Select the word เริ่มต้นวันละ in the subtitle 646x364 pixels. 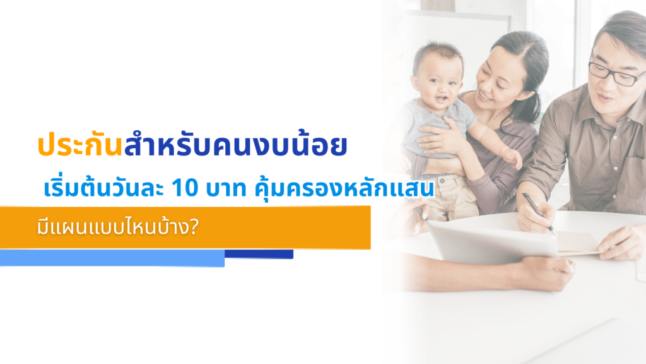click(x=102, y=189)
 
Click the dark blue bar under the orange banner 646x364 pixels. click(x=259, y=254)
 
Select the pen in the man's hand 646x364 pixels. click(x=538, y=214)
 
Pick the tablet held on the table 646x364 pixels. click(x=492, y=240)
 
